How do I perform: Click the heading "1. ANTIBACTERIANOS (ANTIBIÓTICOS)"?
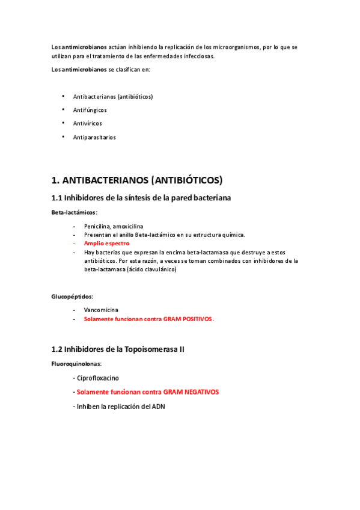point(137,180)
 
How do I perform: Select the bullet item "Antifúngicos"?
point(90,110)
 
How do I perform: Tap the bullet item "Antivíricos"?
point(87,123)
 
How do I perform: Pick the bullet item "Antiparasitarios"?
point(94,137)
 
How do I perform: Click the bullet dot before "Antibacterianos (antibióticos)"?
point(63,96)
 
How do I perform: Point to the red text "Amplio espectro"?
point(106,244)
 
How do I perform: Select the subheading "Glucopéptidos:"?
point(72,296)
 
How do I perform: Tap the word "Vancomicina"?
point(101,310)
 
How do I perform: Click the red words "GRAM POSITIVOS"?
point(186,319)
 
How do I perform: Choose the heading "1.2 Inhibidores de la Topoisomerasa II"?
point(118,349)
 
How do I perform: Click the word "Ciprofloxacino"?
point(98,378)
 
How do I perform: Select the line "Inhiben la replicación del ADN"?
point(121,407)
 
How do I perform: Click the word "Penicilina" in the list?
point(98,226)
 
